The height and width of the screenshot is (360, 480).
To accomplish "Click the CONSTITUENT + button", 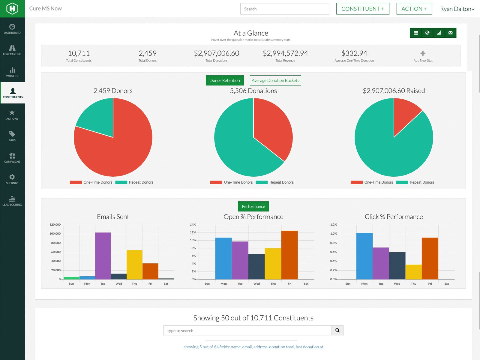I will [x=363, y=9].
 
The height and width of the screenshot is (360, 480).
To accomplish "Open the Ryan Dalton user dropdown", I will [x=457, y=9].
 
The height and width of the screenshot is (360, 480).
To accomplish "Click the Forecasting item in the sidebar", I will [x=12, y=50].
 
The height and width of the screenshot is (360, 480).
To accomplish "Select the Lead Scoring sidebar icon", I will [x=12, y=201].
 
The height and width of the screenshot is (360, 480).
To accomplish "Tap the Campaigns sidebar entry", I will [x=12, y=157].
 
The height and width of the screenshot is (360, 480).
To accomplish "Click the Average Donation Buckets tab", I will [x=275, y=80].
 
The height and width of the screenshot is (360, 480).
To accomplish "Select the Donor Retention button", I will [x=225, y=80].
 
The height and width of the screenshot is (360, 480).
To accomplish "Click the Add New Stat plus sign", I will [x=423, y=53].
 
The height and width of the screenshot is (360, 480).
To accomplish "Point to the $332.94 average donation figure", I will [x=354, y=53].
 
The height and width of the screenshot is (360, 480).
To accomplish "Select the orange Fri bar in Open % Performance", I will [x=289, y=255].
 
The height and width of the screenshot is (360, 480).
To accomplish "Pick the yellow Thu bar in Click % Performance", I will [x=413, y=272].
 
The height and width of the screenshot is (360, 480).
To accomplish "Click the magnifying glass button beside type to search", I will [x=337, y=330].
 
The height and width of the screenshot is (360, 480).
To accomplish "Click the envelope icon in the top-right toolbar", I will [x=450, y=33].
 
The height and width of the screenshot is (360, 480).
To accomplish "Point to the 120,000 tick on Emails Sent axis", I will [x=55, y=224].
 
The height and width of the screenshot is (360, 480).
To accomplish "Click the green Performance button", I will [x=253, y=206].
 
